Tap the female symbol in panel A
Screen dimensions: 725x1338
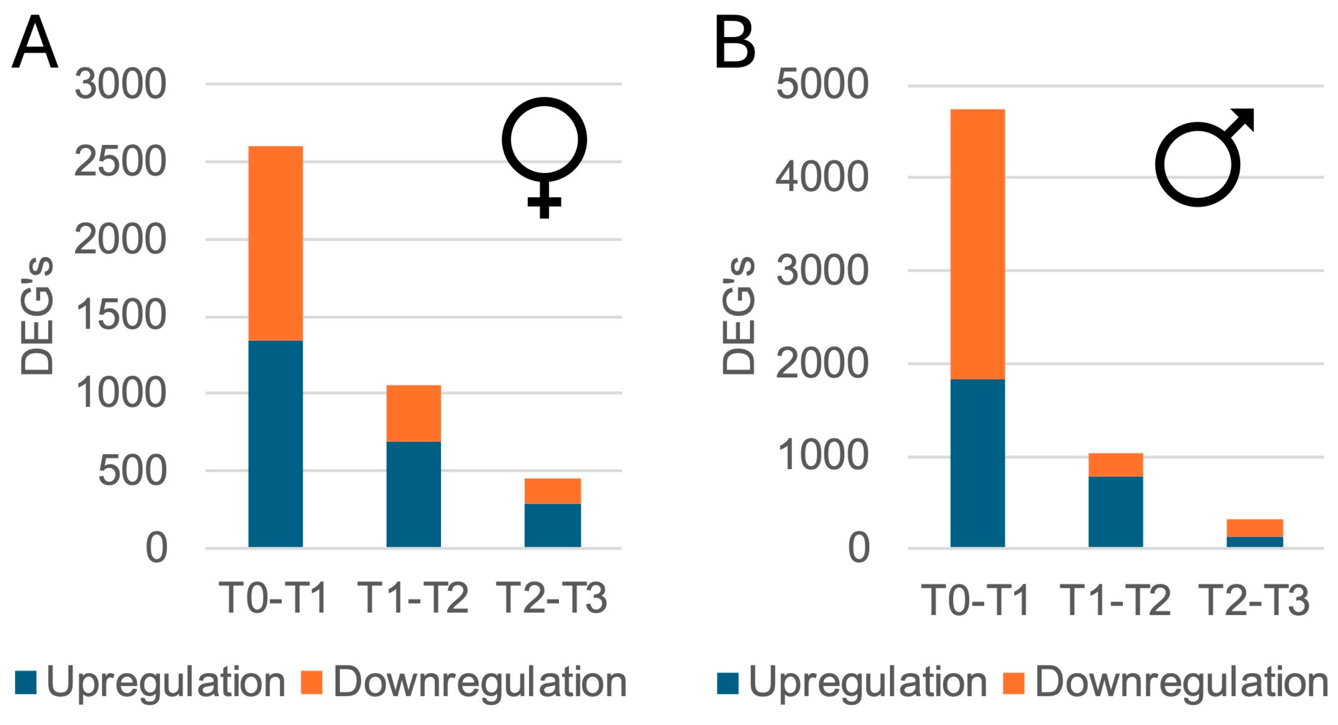(x=544, y=156)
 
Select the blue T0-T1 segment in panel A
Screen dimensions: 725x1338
(x=275, y=444)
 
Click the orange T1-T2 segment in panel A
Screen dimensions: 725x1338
(x=414, y=413)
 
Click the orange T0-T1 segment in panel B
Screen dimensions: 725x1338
(x=977, y=244)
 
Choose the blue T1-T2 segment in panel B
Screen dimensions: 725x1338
(x=1115, y=512)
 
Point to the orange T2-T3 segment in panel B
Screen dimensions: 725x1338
(x=1254, y=528)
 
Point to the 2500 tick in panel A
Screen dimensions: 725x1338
(x=120, y=161)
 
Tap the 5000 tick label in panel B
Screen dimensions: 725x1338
(x=821, y=84)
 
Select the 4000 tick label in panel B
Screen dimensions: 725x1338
(x=821, y=177)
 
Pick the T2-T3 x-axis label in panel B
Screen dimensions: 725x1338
(x=1253, y=600)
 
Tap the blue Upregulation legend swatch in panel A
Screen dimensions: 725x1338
(x=25, y=683)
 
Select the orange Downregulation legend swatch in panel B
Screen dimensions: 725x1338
(x=1013, y=683)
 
